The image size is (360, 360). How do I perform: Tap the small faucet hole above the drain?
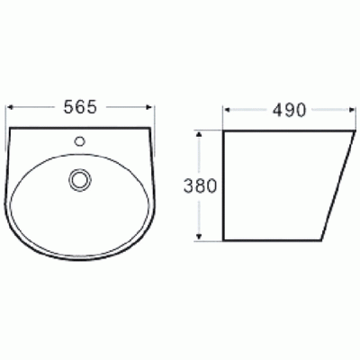point(80,141)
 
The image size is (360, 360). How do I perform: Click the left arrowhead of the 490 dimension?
point(226,112)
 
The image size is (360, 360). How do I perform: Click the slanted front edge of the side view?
point(337,184)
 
